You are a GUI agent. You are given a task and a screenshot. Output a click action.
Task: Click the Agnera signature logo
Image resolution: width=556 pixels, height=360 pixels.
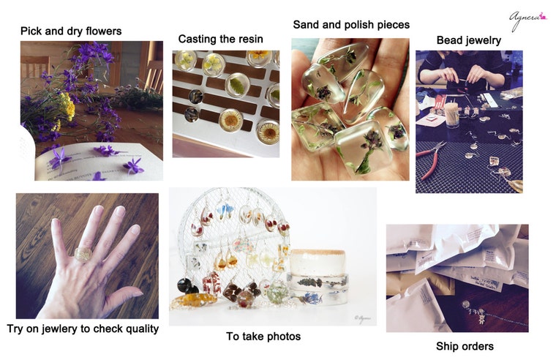click(528, 20)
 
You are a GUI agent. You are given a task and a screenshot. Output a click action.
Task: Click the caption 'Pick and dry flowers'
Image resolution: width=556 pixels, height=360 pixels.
click(71, 31)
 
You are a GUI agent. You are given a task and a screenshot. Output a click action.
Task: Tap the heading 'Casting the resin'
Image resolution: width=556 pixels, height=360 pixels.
click(220, 39)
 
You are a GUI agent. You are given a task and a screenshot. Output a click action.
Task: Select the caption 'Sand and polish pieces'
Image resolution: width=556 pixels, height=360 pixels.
click(351, 25)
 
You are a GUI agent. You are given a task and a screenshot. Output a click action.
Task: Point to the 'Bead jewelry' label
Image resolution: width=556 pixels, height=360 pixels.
click(469, 40)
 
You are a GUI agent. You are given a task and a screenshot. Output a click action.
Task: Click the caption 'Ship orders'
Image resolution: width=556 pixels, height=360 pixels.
click(465, 346)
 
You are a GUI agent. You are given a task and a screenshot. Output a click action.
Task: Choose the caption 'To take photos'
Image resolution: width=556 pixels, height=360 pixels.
click(263, 337)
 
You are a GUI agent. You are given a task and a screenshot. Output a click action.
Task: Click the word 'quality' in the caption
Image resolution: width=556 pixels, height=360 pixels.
click(143, 329)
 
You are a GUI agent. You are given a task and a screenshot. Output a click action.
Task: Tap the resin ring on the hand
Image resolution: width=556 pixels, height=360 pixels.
click(83, 255)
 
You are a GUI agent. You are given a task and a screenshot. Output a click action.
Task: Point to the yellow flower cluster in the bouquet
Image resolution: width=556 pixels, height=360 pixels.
click(67, 106)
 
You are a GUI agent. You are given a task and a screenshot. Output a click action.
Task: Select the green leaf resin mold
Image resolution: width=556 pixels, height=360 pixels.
click(237, 86)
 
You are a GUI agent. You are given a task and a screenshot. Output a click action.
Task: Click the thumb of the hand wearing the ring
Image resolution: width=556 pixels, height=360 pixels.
click(124, 297)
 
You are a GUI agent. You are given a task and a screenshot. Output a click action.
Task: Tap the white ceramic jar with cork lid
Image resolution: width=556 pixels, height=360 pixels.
click(318, 262)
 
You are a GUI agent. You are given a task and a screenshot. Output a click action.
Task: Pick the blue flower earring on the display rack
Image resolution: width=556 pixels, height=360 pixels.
click(225, 210)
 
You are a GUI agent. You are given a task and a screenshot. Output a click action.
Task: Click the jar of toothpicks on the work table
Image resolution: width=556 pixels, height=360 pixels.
click(452, 115)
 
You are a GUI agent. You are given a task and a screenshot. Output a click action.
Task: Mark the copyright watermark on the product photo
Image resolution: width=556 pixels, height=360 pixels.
click(362, 318)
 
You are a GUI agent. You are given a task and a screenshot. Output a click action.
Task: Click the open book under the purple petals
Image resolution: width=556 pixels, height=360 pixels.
click(99, 162)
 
